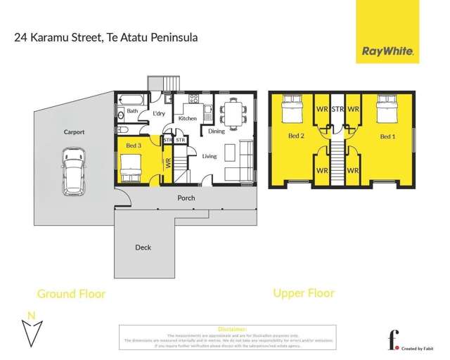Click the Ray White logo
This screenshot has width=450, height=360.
[387, 51]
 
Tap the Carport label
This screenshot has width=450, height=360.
[74, 131]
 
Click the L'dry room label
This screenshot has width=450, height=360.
[159, 114]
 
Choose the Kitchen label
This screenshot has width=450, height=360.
[187, 119]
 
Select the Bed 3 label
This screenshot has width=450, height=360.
[134, 146]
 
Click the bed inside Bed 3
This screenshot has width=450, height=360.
[132, 167]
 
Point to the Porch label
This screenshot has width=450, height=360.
[186, 198]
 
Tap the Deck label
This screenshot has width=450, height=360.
[143, 247]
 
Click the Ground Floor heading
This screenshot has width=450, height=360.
[71, 293]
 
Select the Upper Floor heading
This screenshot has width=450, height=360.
[303, 292]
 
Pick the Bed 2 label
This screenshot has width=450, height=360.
[295, 135]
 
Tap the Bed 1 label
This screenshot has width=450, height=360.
[387, 135]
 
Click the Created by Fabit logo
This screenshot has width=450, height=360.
[409, 340]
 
